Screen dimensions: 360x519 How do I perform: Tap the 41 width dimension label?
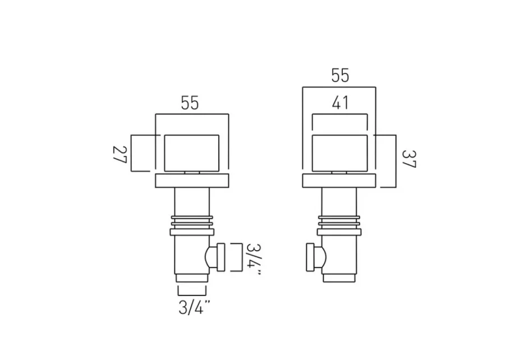click(x=339, y=103)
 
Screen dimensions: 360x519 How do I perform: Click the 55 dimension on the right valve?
click(x=339, y=75)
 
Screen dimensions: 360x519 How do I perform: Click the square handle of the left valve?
click(x=191, y=153)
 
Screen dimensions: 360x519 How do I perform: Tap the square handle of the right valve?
click(x=339, y=153)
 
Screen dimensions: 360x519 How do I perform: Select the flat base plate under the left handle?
click(x=191, y=181)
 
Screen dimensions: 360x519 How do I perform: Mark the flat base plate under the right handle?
click(x=339, y=181)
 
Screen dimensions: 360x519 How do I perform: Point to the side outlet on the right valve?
click(x=315, y=257)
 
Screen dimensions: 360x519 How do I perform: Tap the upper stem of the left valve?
click(x=191, y=201)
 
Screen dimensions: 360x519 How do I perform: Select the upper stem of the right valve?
click(x=339, y=201)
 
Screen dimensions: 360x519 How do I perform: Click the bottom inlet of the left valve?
click(x=191, y=278)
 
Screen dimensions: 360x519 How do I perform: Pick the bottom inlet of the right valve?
click(x=339, y=278)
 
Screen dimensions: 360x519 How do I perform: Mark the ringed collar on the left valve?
click(x=191, y=223)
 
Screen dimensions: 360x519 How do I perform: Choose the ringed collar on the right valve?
click(x=339, y=223)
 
